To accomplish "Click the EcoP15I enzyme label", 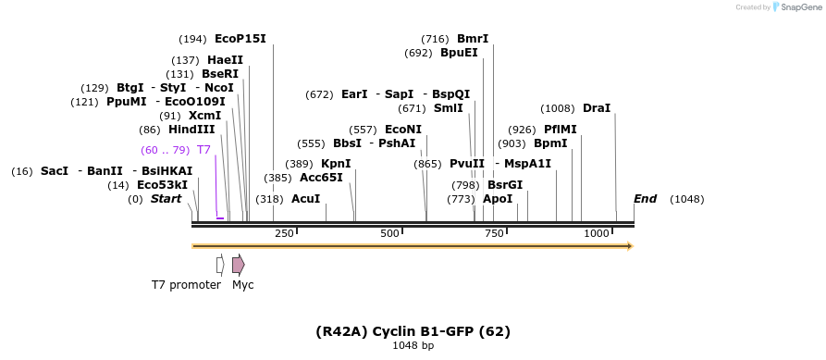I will coord(240,39).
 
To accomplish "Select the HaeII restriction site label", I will coord(226,60).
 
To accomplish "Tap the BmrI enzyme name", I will coord(472,39).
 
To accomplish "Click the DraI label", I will coord(597,108).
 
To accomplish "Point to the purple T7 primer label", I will coord(203,150).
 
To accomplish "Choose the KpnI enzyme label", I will coord(336,164).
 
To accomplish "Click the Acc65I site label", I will coord(321,178).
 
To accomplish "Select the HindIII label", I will coord(191,130).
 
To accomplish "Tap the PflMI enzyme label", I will coord(560,130).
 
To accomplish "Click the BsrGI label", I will coord(505,185).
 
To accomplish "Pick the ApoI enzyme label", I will coord(498,199).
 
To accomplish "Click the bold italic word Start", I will coord(166,199).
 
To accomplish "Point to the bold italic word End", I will coord(645,199).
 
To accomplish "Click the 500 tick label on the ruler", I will coord(388,233).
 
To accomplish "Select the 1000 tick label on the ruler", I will coord(596,233).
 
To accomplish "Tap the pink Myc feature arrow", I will coord(239,265).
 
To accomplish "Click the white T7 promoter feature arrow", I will coord(220,265).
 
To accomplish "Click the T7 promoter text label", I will coord(186,285).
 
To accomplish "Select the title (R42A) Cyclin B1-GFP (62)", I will coord(413,331).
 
